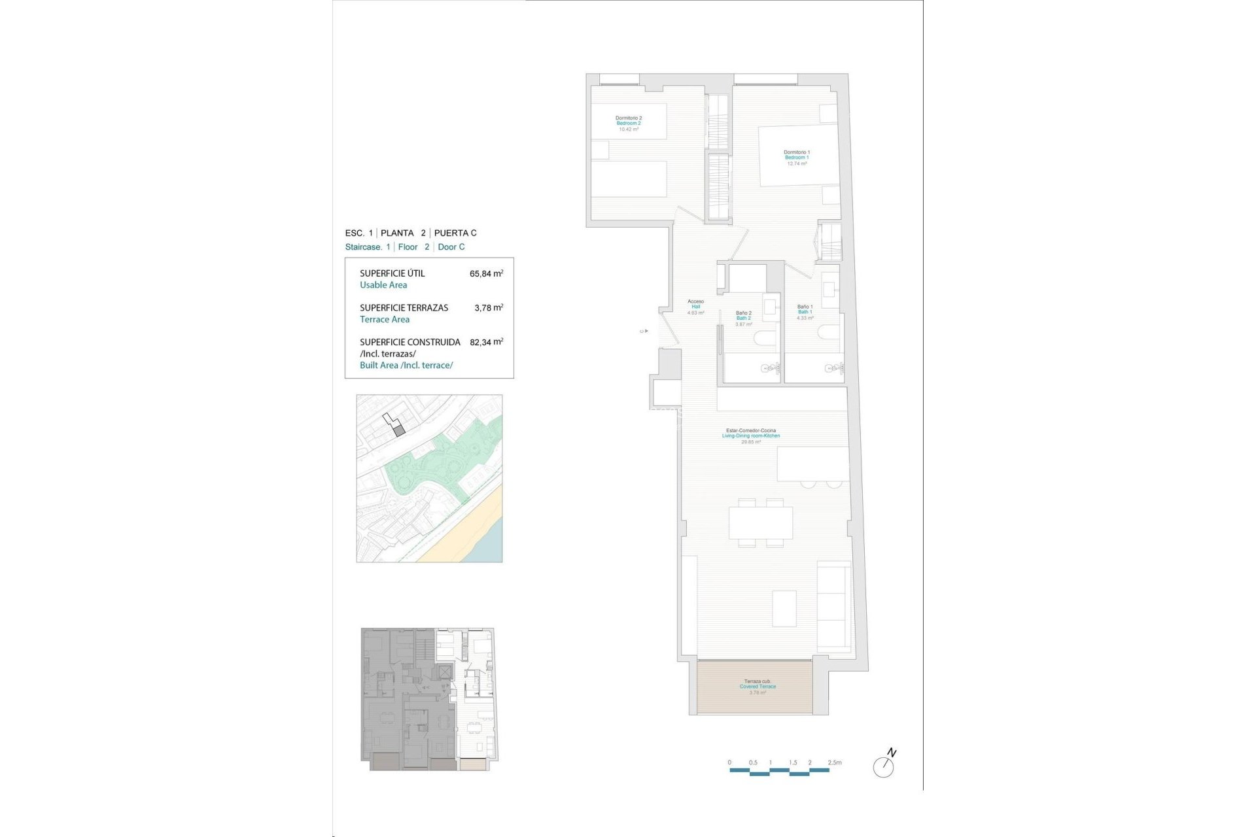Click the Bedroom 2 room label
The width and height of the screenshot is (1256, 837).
pos(628,124)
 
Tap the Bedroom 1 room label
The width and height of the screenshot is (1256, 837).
pos(797,158)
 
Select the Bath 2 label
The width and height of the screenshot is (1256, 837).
pos(743,318)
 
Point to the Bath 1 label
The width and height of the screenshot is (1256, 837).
pos(805,312)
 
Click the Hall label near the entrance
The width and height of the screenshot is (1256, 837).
pos(695,307)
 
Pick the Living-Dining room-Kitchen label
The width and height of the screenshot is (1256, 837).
pos(751,436)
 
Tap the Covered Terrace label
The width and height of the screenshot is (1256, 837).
pos(758,687)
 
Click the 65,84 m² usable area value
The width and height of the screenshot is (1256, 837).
pos(486,274)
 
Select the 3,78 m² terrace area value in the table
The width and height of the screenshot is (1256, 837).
pos(489,308)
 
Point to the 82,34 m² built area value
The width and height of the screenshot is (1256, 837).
pos(486,342)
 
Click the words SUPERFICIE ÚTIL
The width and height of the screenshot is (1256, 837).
pos(392,273)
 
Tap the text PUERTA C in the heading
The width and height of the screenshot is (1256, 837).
pos(455,233)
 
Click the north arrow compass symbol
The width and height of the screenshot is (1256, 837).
pos(884,766)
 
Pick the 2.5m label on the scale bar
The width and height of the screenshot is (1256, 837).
pos(834,762)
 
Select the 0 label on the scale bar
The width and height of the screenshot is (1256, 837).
pos(729,762)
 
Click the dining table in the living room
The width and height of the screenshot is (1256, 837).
pos(761,522)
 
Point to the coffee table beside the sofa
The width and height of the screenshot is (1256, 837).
pos(784,608)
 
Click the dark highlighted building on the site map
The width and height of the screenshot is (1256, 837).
pos(400,430)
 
